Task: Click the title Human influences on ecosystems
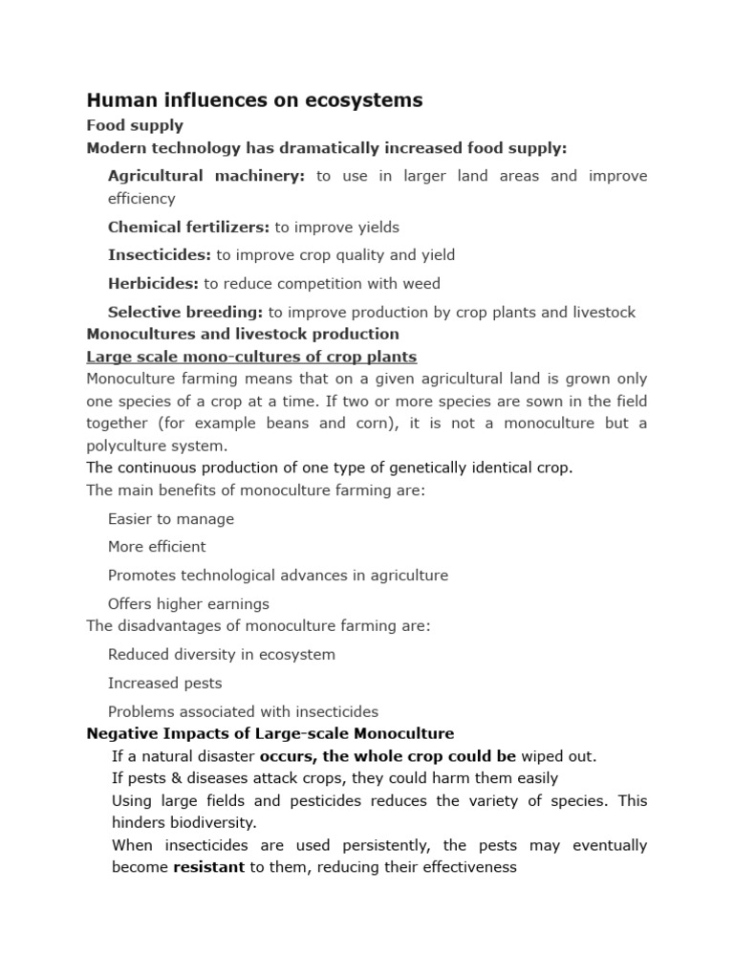click(254, 100)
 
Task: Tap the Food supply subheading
click(135, 125)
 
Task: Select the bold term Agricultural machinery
click(206, 176)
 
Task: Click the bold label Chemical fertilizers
click(188, 228)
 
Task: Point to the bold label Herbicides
click(153, 284)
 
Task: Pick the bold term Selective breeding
click(185, 313)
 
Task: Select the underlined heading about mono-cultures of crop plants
click(251, 357)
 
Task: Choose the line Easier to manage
click(171, 519)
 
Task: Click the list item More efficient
click(157, 547)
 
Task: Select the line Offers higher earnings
click(188, 604)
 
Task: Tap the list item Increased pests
click(164, 684)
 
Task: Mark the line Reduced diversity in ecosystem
click(222, 655)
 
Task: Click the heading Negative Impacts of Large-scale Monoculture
click(270, 734)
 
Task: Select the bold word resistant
click(208, 868)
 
